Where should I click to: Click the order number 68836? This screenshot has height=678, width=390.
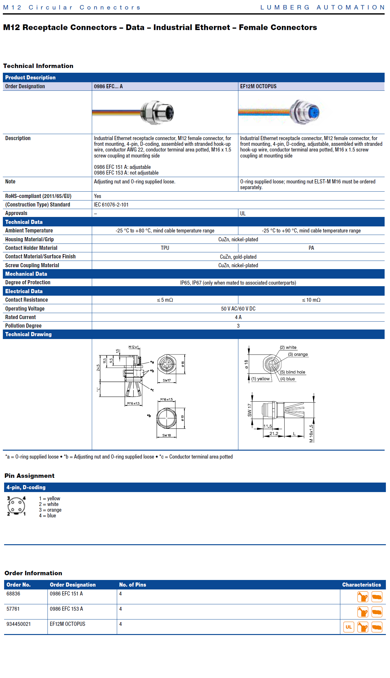tap(13, 594)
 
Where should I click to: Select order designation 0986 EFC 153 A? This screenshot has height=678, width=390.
tap(66, 609)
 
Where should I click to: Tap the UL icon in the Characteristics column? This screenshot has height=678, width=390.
tap(349, 627)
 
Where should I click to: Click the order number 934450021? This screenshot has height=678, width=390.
tap(19, 624)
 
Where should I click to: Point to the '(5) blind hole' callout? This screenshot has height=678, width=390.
tap(293, 372)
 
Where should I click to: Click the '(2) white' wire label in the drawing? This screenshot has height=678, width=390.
tap(288, 347)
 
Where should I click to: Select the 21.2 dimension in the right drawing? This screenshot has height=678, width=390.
tap(274, 434)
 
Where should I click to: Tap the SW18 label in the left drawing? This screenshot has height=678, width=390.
tap(167, 435)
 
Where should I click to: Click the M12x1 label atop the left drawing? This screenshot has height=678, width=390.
tap(134, 347)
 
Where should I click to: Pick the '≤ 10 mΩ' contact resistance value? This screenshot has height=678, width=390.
tap(311, 300)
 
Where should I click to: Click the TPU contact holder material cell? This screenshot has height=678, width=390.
tap(165, 248)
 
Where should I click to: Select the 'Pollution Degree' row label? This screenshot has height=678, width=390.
tap(23, 326)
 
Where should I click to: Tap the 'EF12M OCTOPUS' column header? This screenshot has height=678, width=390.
tap(258, 86)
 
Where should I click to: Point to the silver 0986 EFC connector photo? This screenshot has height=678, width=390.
tap(157, 113)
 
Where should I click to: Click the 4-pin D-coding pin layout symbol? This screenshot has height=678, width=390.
tap(16, 506)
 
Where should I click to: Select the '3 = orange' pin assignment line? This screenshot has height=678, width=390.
tap(50, 510)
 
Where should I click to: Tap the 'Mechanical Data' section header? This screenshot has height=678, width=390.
tap(26, 274)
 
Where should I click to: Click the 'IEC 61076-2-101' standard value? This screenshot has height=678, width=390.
tap(111, 205)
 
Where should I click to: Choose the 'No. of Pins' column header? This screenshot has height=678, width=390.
tap(133, 585)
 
